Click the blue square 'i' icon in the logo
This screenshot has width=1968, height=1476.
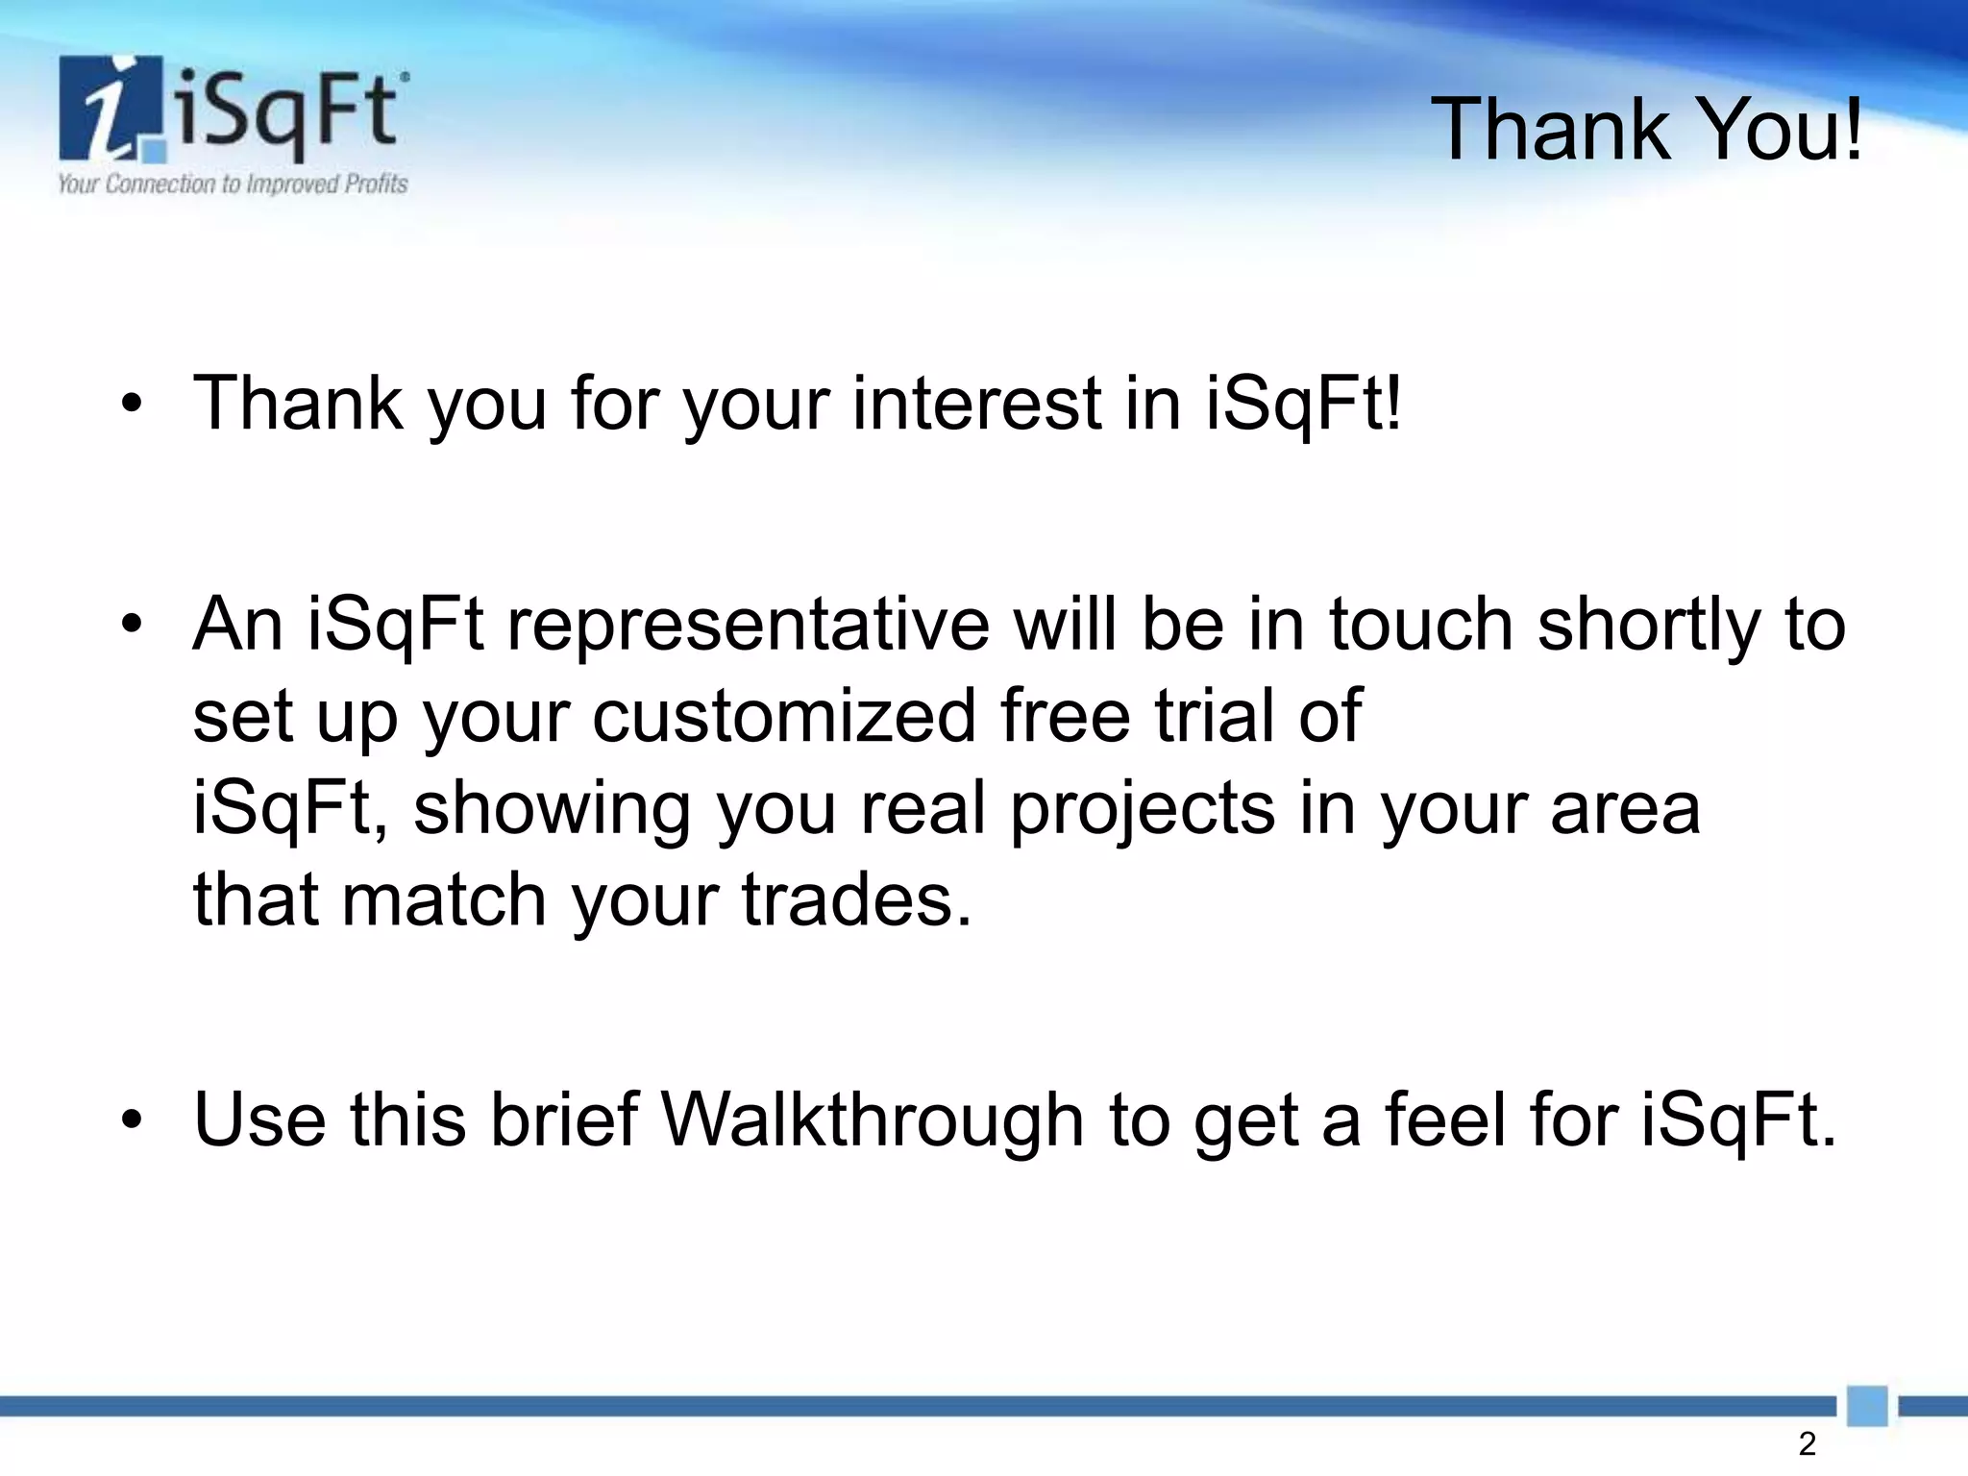(113, 110)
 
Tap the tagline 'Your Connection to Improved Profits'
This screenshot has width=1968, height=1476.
(233, 184)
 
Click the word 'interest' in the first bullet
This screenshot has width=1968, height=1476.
(976, 404)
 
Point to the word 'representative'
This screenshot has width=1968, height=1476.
(748, 625)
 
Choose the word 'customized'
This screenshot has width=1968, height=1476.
(783, 716)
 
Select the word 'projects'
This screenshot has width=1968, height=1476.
(1142, 810)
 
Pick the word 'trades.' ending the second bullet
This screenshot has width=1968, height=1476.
(856, 900)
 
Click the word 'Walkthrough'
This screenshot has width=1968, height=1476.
(873, 1120)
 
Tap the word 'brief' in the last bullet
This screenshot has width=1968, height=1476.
(564, 1120)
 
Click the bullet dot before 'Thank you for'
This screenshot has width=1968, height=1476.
(133, 405)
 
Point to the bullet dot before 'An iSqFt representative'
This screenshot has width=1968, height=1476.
(133, 626)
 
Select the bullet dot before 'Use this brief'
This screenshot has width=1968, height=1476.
(133, 1120)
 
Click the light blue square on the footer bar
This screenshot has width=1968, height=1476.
(1867, 1406)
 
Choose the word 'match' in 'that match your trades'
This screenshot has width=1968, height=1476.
(444, 900)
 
